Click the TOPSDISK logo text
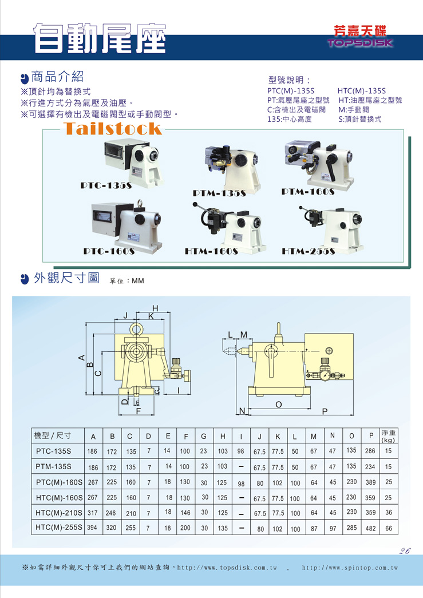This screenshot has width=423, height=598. pyautogui.click(x=360, y=42)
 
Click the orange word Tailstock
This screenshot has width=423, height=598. pyautogui.click(x=113, y=129)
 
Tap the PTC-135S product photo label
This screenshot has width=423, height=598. pyautogui.click(x=106, y=186)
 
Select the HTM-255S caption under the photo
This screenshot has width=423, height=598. pyautogui.click(x=309, y=251)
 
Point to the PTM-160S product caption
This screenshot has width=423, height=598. pyautogui.click(x=308, y=192)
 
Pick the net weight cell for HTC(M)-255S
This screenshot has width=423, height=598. pyautogui.click(x=388, y=528)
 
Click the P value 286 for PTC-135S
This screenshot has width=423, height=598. pyautogui.click(x=370, y=451)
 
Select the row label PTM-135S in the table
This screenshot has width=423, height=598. pyautogui.click(x=53, y=466)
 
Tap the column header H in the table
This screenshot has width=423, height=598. pyautogui.click(x=223, y=436)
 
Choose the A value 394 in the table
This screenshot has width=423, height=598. pyautogui.click(x=92, y=528)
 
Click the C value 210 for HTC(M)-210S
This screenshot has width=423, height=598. pyautogui.click(x=131, y=513)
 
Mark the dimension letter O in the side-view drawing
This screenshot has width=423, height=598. pyautogui.click(x=279, y=404)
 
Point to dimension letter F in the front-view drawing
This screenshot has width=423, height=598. pyautogui.click(x=139, y=411)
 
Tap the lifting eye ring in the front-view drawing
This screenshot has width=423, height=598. pyautogui.click(x=136, y=328)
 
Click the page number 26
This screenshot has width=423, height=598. pyautogui.click(x=405, y=551)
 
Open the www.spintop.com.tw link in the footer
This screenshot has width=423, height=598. pyautogui.click(x=350, y=568)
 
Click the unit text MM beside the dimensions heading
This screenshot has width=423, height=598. pyautogui.click(x=138, y=281)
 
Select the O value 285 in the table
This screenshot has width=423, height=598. pyautogui.click(x=351, y=528)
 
